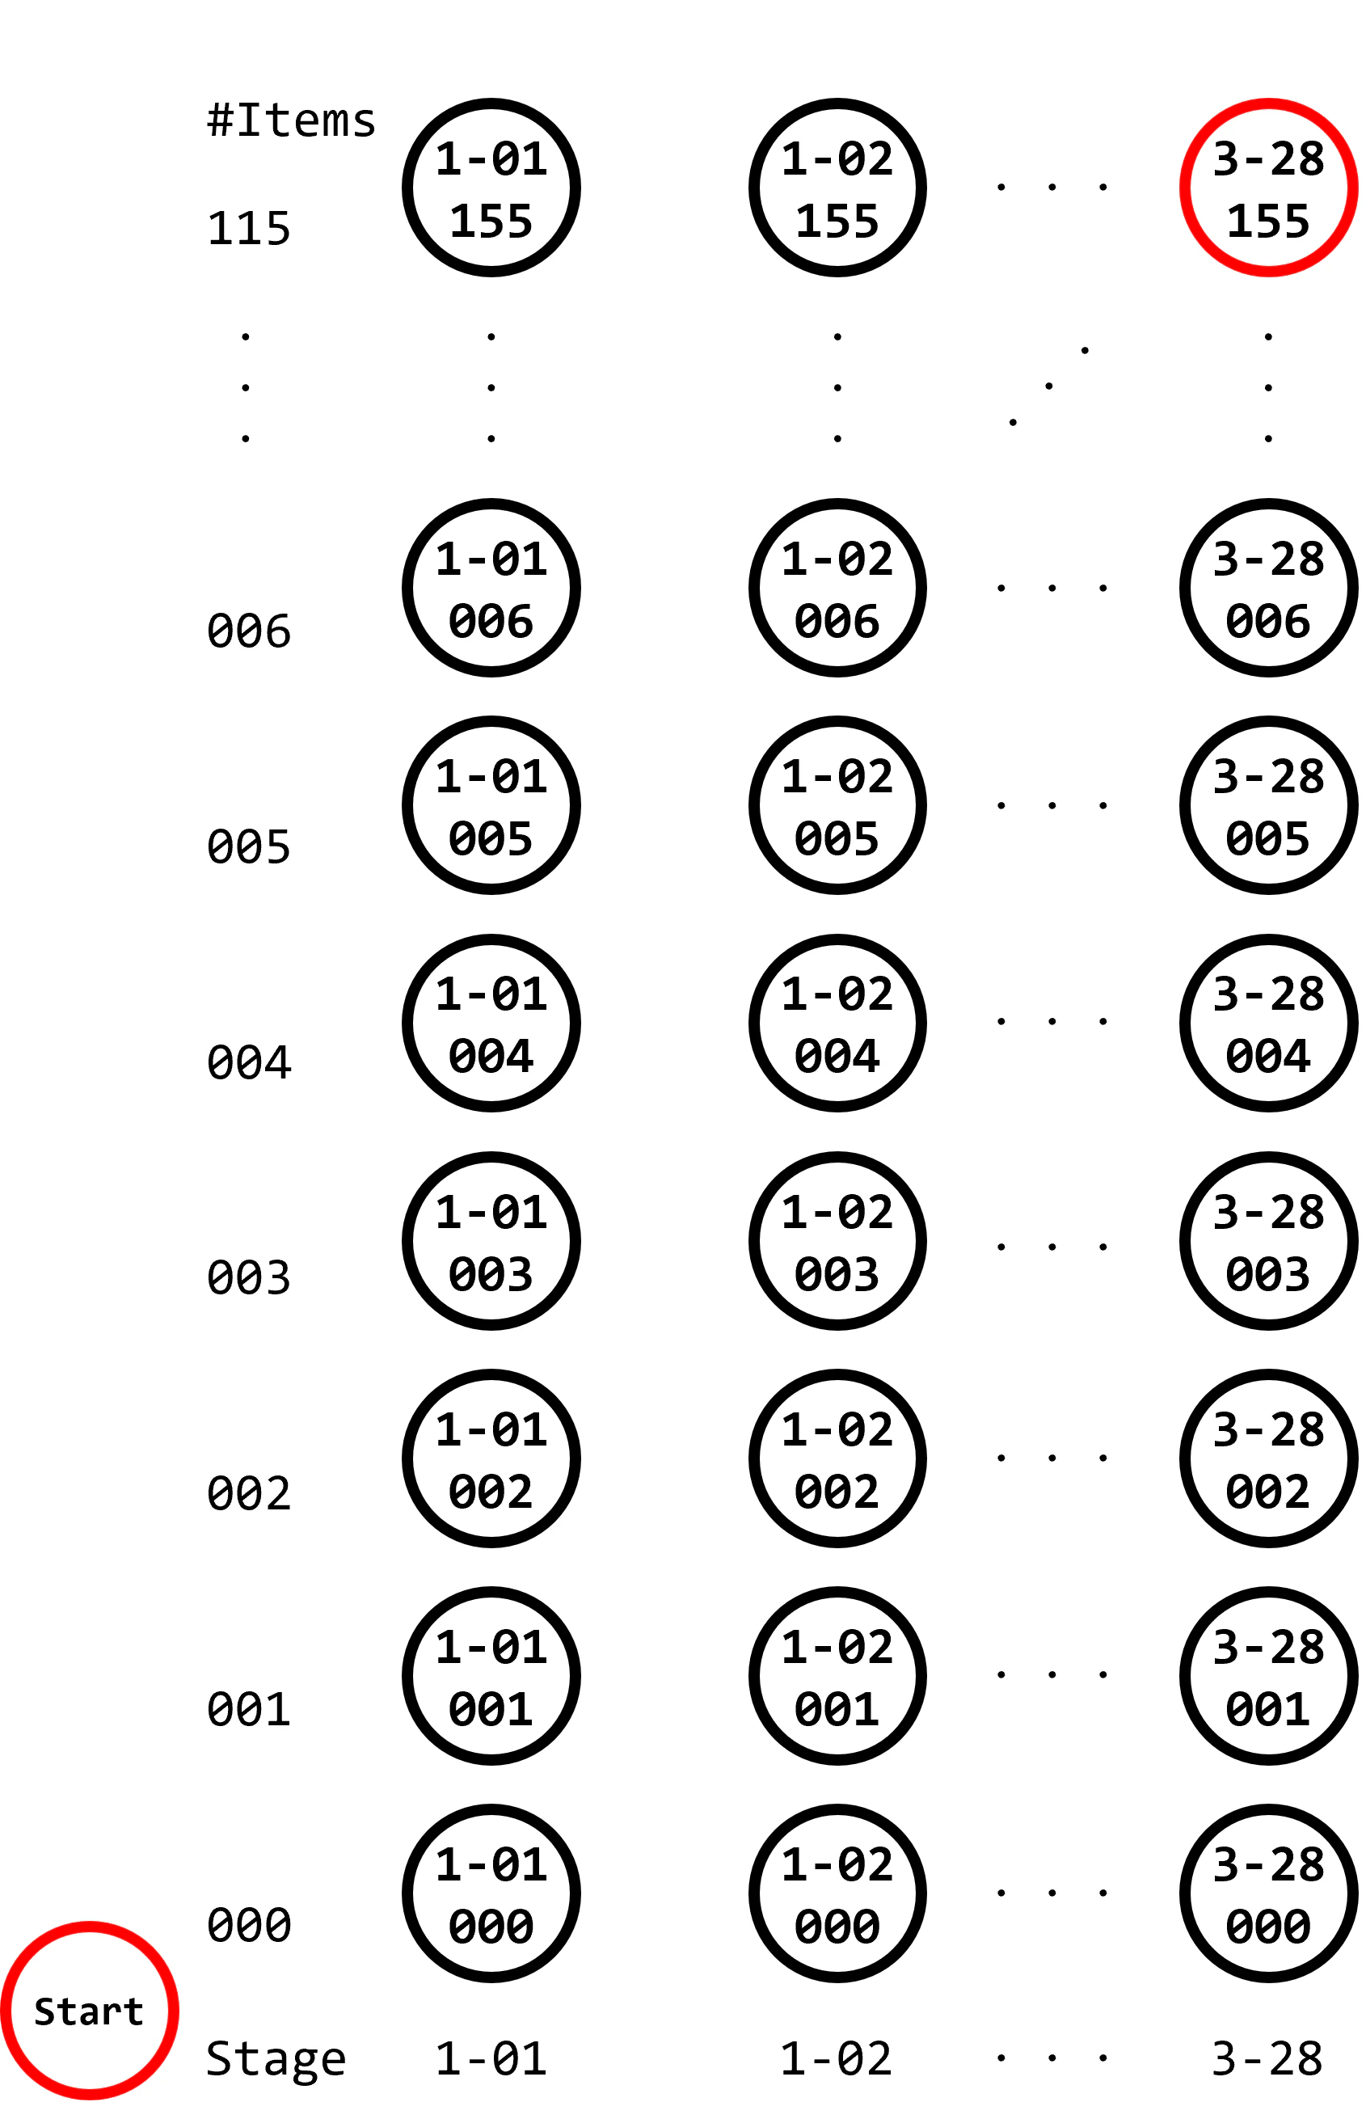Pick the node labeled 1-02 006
[x=837, y=588]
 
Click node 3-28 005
[x=1268, y=805]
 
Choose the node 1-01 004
[x=491, y=1023]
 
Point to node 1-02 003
[x=837, y=1241]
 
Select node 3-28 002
[x=1268, y=1458]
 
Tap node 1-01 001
[x=491, y=1675]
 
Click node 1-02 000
[x=837, y=1893]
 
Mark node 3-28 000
[x=1268, y=1893]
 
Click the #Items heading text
[x=291, y=120]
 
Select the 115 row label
[x=248, y=228]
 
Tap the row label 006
[x=248, y=631]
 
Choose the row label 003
[x=248, y=1277]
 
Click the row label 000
[x=248, y=1925]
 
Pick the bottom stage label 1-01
[x=491, y=2058]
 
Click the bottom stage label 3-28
[x=1267, y=2058]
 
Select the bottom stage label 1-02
[x=837, y=2058]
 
